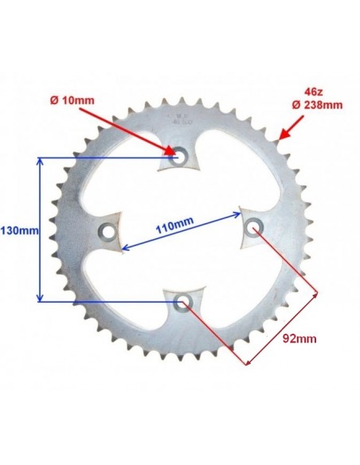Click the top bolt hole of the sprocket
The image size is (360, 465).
[x=179, y=158]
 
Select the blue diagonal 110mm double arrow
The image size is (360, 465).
[x=179, y=232]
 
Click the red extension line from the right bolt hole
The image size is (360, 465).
[x=287, y=263]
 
